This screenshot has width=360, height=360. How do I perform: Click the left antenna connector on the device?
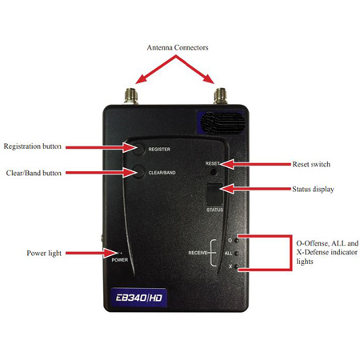(131, 96)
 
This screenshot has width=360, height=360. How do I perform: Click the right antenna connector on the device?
(220, 96)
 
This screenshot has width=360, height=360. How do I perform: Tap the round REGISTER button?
(139, 149)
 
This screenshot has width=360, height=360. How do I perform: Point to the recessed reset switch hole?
(214, 172)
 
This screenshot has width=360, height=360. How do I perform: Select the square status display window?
(214, 194)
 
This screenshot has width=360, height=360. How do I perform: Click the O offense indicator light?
(236, 241)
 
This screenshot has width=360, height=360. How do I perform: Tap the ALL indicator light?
(236, 253)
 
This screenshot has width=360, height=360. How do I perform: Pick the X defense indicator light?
(236, 266)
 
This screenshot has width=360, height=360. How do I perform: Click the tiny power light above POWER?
(121, 253)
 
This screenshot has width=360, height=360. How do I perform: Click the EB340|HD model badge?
(138, 298)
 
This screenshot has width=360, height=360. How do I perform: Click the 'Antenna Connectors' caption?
(178, 48)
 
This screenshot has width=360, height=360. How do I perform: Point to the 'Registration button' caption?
(33, 146)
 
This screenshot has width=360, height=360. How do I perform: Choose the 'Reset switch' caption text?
(311, 164)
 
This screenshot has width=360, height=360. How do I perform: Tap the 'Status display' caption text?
(313, 190)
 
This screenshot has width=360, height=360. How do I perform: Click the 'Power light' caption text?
(44, 253)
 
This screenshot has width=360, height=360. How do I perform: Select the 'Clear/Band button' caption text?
(34, 173)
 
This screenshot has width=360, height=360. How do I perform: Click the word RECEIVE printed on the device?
(198, 253)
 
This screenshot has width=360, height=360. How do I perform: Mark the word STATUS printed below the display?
(214, 210)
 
